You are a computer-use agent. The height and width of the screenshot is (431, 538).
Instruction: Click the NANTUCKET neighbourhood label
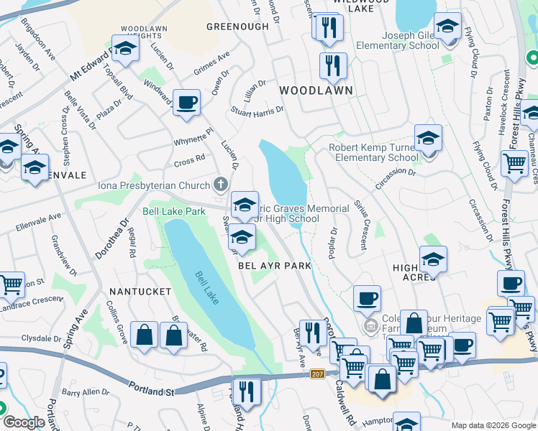point(140,292)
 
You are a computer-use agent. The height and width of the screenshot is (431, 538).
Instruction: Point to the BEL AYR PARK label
point(275,266)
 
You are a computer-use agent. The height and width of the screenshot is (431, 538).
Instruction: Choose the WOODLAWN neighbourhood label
point(316,91)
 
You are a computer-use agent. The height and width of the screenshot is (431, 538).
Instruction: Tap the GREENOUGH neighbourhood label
point(232,27)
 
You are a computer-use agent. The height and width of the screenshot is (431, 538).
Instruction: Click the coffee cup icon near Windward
point(187,102)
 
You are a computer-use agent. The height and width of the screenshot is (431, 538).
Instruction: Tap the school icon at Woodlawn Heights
point(125,49)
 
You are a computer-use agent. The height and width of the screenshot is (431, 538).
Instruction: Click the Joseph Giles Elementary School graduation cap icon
point(447,27)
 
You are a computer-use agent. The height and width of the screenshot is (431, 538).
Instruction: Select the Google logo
point(24,422)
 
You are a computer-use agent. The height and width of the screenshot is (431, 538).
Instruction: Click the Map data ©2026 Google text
point(493,425)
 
